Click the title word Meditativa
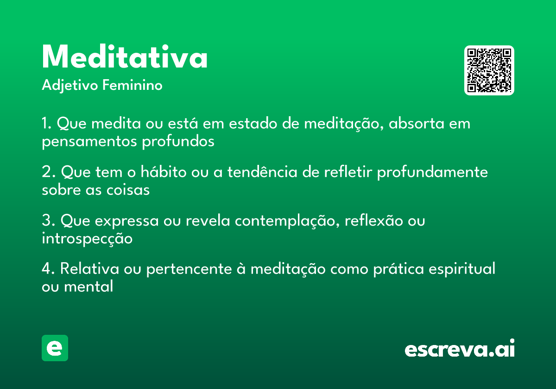(125, 57)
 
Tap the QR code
(489, 70)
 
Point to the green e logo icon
(55, 348)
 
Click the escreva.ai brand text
(460, 349)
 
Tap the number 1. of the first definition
(48, 124)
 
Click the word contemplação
(288, 221)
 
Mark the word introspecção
(87, 238)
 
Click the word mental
(88, 286)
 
